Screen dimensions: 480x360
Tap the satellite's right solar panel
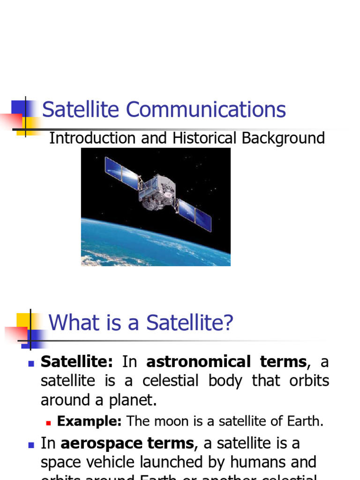coord(195,215)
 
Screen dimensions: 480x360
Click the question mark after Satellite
coord(228,323)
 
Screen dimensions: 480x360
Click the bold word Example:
coord(89,421)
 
